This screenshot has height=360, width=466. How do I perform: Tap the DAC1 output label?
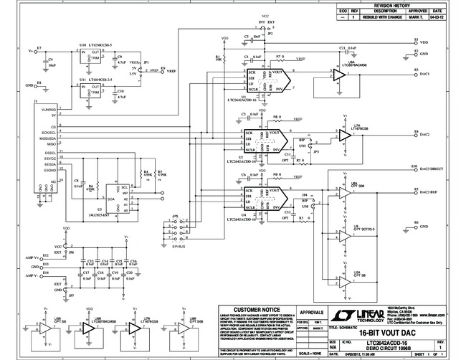[424, 73]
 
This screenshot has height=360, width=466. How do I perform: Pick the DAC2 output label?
[424, 134]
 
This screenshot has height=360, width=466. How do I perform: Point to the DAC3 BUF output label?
[429, 191]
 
